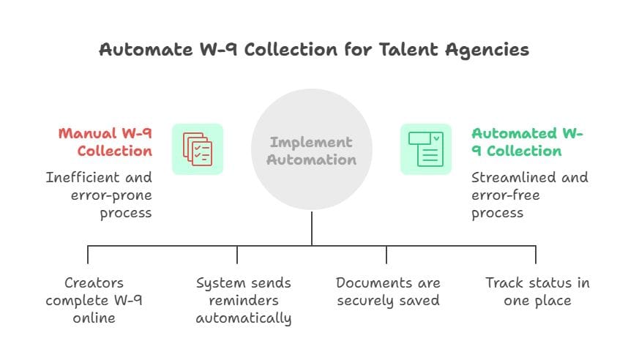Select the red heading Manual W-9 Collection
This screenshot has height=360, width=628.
[105, 142]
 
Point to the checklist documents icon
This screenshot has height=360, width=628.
[198, 149]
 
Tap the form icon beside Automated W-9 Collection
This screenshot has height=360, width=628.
[426, 149]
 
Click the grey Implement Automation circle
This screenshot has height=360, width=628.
[312, 150]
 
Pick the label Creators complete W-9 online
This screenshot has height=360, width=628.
[94, 300]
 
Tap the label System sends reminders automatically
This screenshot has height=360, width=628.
[244, 300]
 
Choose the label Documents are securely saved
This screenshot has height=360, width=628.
[388, 291]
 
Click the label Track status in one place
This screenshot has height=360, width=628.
[537, 291]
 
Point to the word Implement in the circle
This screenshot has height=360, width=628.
[311, 142]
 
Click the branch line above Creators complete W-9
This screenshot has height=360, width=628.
[88, 254]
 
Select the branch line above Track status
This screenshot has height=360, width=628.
[536, 254]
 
